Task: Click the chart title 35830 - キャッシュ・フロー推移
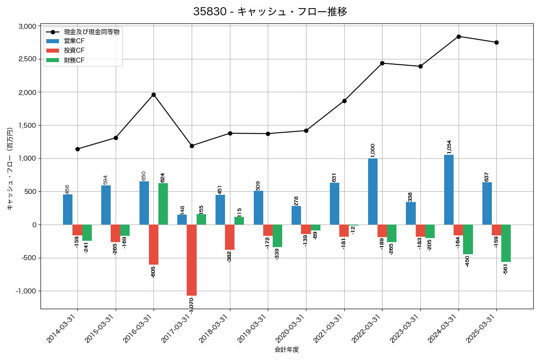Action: [270, 12]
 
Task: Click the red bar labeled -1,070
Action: [192, 260]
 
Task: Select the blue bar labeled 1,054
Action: [449, 189]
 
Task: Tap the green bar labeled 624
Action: [163, 204]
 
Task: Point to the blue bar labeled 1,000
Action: [373, 191]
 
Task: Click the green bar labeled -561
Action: [506, 243]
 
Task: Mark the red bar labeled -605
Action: [153, 244]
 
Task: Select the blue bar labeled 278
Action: [296, 216]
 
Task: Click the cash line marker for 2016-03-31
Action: [153, 94]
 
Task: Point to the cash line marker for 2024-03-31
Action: [459, 36]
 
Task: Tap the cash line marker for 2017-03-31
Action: [192, 146]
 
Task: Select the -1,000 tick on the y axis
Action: [26, 291]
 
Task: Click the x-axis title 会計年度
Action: [287, 350]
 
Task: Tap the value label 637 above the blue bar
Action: [486, 176]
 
